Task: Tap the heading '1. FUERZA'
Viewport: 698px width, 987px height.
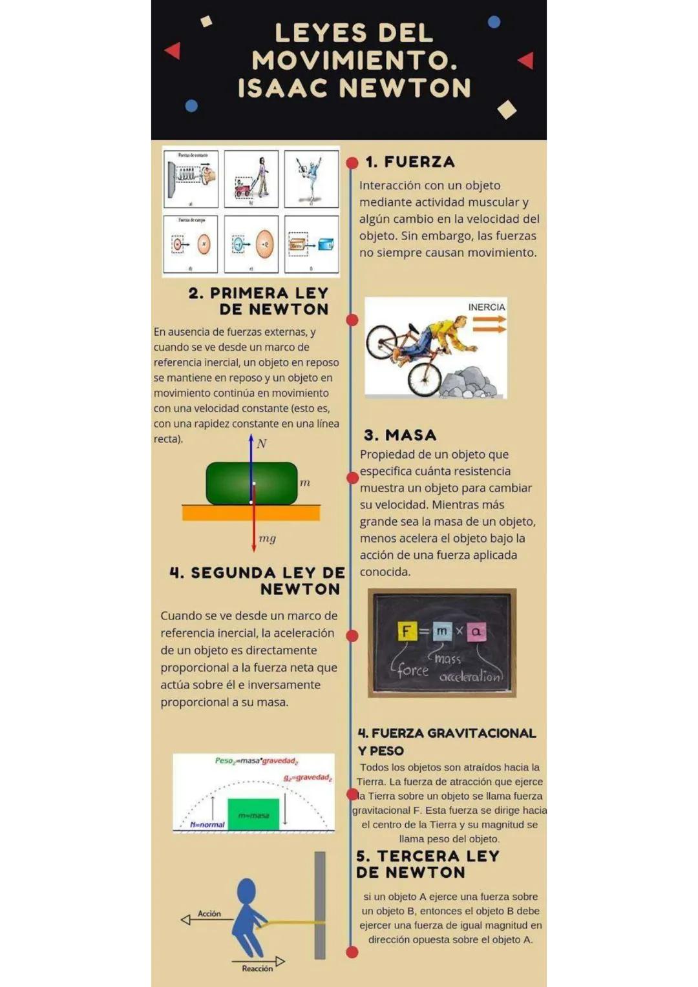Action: click(410, 162)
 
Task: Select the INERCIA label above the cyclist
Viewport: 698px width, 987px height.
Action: click(486, 307)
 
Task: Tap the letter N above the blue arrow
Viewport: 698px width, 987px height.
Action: click(262, 444)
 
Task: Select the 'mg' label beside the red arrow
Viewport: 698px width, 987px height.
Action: click(267, 538)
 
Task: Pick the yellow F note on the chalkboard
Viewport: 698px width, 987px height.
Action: click(406, 631)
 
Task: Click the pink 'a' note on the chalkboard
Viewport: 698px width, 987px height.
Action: click(476, 631)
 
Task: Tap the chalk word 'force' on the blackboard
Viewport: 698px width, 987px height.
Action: click(412, 670)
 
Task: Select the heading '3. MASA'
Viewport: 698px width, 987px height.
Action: click(400, 435)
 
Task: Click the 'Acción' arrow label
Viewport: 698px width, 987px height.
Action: click(209, 913)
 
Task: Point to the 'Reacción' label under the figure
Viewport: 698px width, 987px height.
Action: click(257, 968)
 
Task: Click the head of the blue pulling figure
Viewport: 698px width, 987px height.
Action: click(246, 891)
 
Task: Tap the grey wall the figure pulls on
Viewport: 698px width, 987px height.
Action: click(320, 904)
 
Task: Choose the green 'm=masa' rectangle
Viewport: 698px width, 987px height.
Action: click(253, 815)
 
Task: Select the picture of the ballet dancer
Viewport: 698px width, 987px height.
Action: click(312, 179)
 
